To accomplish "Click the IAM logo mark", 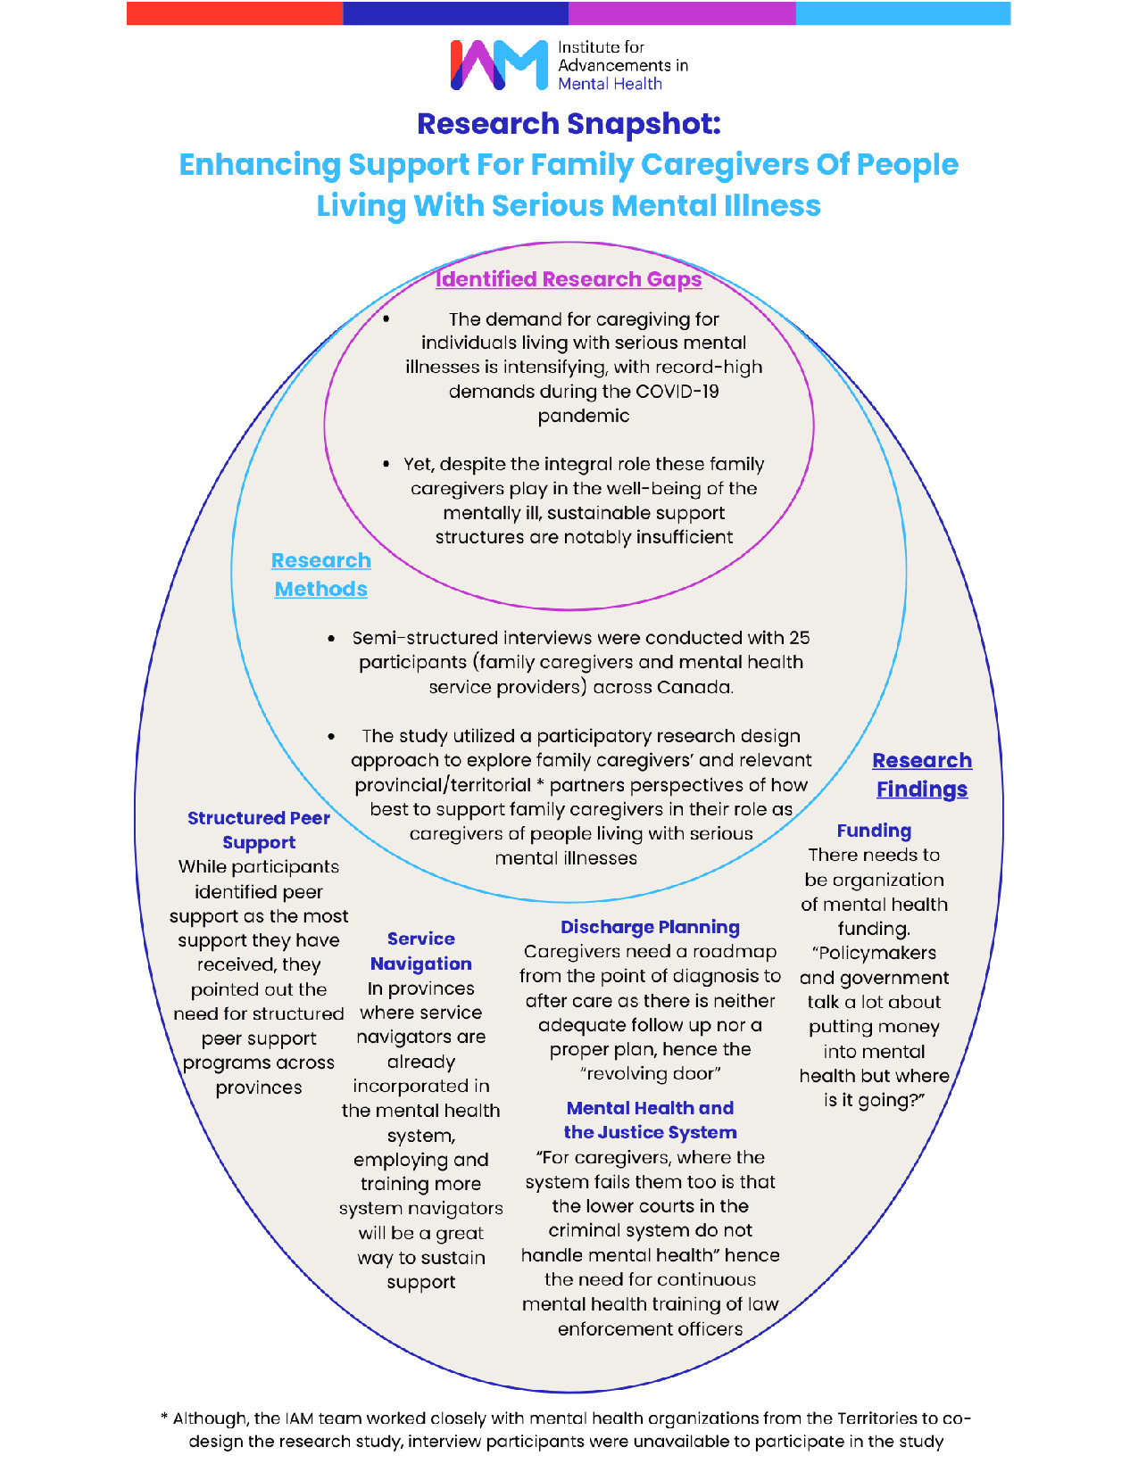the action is tap(499, 65).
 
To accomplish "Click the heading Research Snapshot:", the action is tap(569, 124).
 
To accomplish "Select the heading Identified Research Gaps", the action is tap(569, 279).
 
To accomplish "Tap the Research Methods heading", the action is tap(320, 575).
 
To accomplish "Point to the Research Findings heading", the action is tap(922, 775).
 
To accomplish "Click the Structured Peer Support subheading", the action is tap(259, 830).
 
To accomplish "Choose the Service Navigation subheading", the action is tap(421, 951).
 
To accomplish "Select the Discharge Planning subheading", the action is tap(650, 927).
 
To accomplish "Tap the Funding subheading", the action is tap(874, 831).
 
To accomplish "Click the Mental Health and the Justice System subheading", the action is tap(650, 1120).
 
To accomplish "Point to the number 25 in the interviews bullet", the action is tap(799, 638).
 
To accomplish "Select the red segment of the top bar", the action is tap(235, 13).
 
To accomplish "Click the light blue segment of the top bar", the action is tap(902, 13).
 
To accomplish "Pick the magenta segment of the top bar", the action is tap(682, 13).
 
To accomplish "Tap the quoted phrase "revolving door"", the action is tap(650, 1074).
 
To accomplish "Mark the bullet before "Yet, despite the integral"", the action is tap(386, 464).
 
